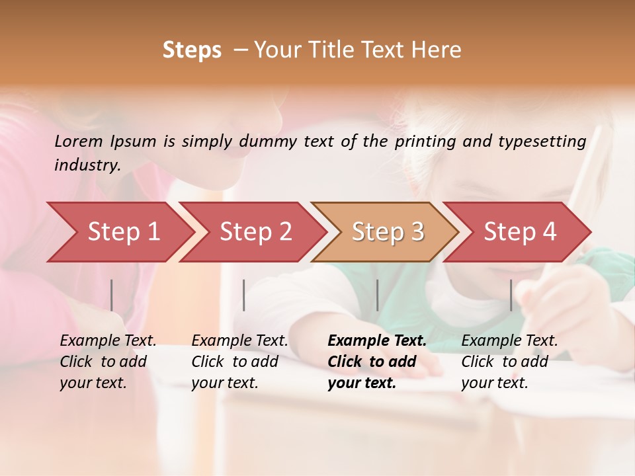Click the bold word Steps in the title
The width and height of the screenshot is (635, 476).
pyautogui.click(x=192, y=50)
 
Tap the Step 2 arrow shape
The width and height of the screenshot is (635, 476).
pyautogui.click(x=255, y=232)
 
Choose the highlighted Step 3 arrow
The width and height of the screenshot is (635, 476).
pyautogui.click(x=388, y=232)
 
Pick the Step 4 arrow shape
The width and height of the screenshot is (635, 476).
pyautogui.click(x=520, y=232)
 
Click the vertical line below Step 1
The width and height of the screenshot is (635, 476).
pyautogui.click(x=112, y=295)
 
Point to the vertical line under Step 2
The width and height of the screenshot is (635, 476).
pyautogui.click(x=244, y=295)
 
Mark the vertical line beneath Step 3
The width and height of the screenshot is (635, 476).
pyautogui.click(x=378, y=295)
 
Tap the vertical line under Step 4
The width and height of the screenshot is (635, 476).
pyautogui.click(x=511, y=295)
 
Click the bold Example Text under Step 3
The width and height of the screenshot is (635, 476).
pyautogui.click(x=377, y=362)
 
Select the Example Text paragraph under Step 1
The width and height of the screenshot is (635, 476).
pyautogui.click(x=108, y=362)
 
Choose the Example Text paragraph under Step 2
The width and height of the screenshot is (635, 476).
pyautogui.click(x=239, y=362)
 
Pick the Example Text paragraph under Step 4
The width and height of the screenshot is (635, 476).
pyautogui.click(x=509, y=362)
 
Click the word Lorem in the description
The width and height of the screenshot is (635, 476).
pyautogui.click(x=79, y=141)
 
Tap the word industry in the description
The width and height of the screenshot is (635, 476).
pyautogui.click(x=87, y=165)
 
